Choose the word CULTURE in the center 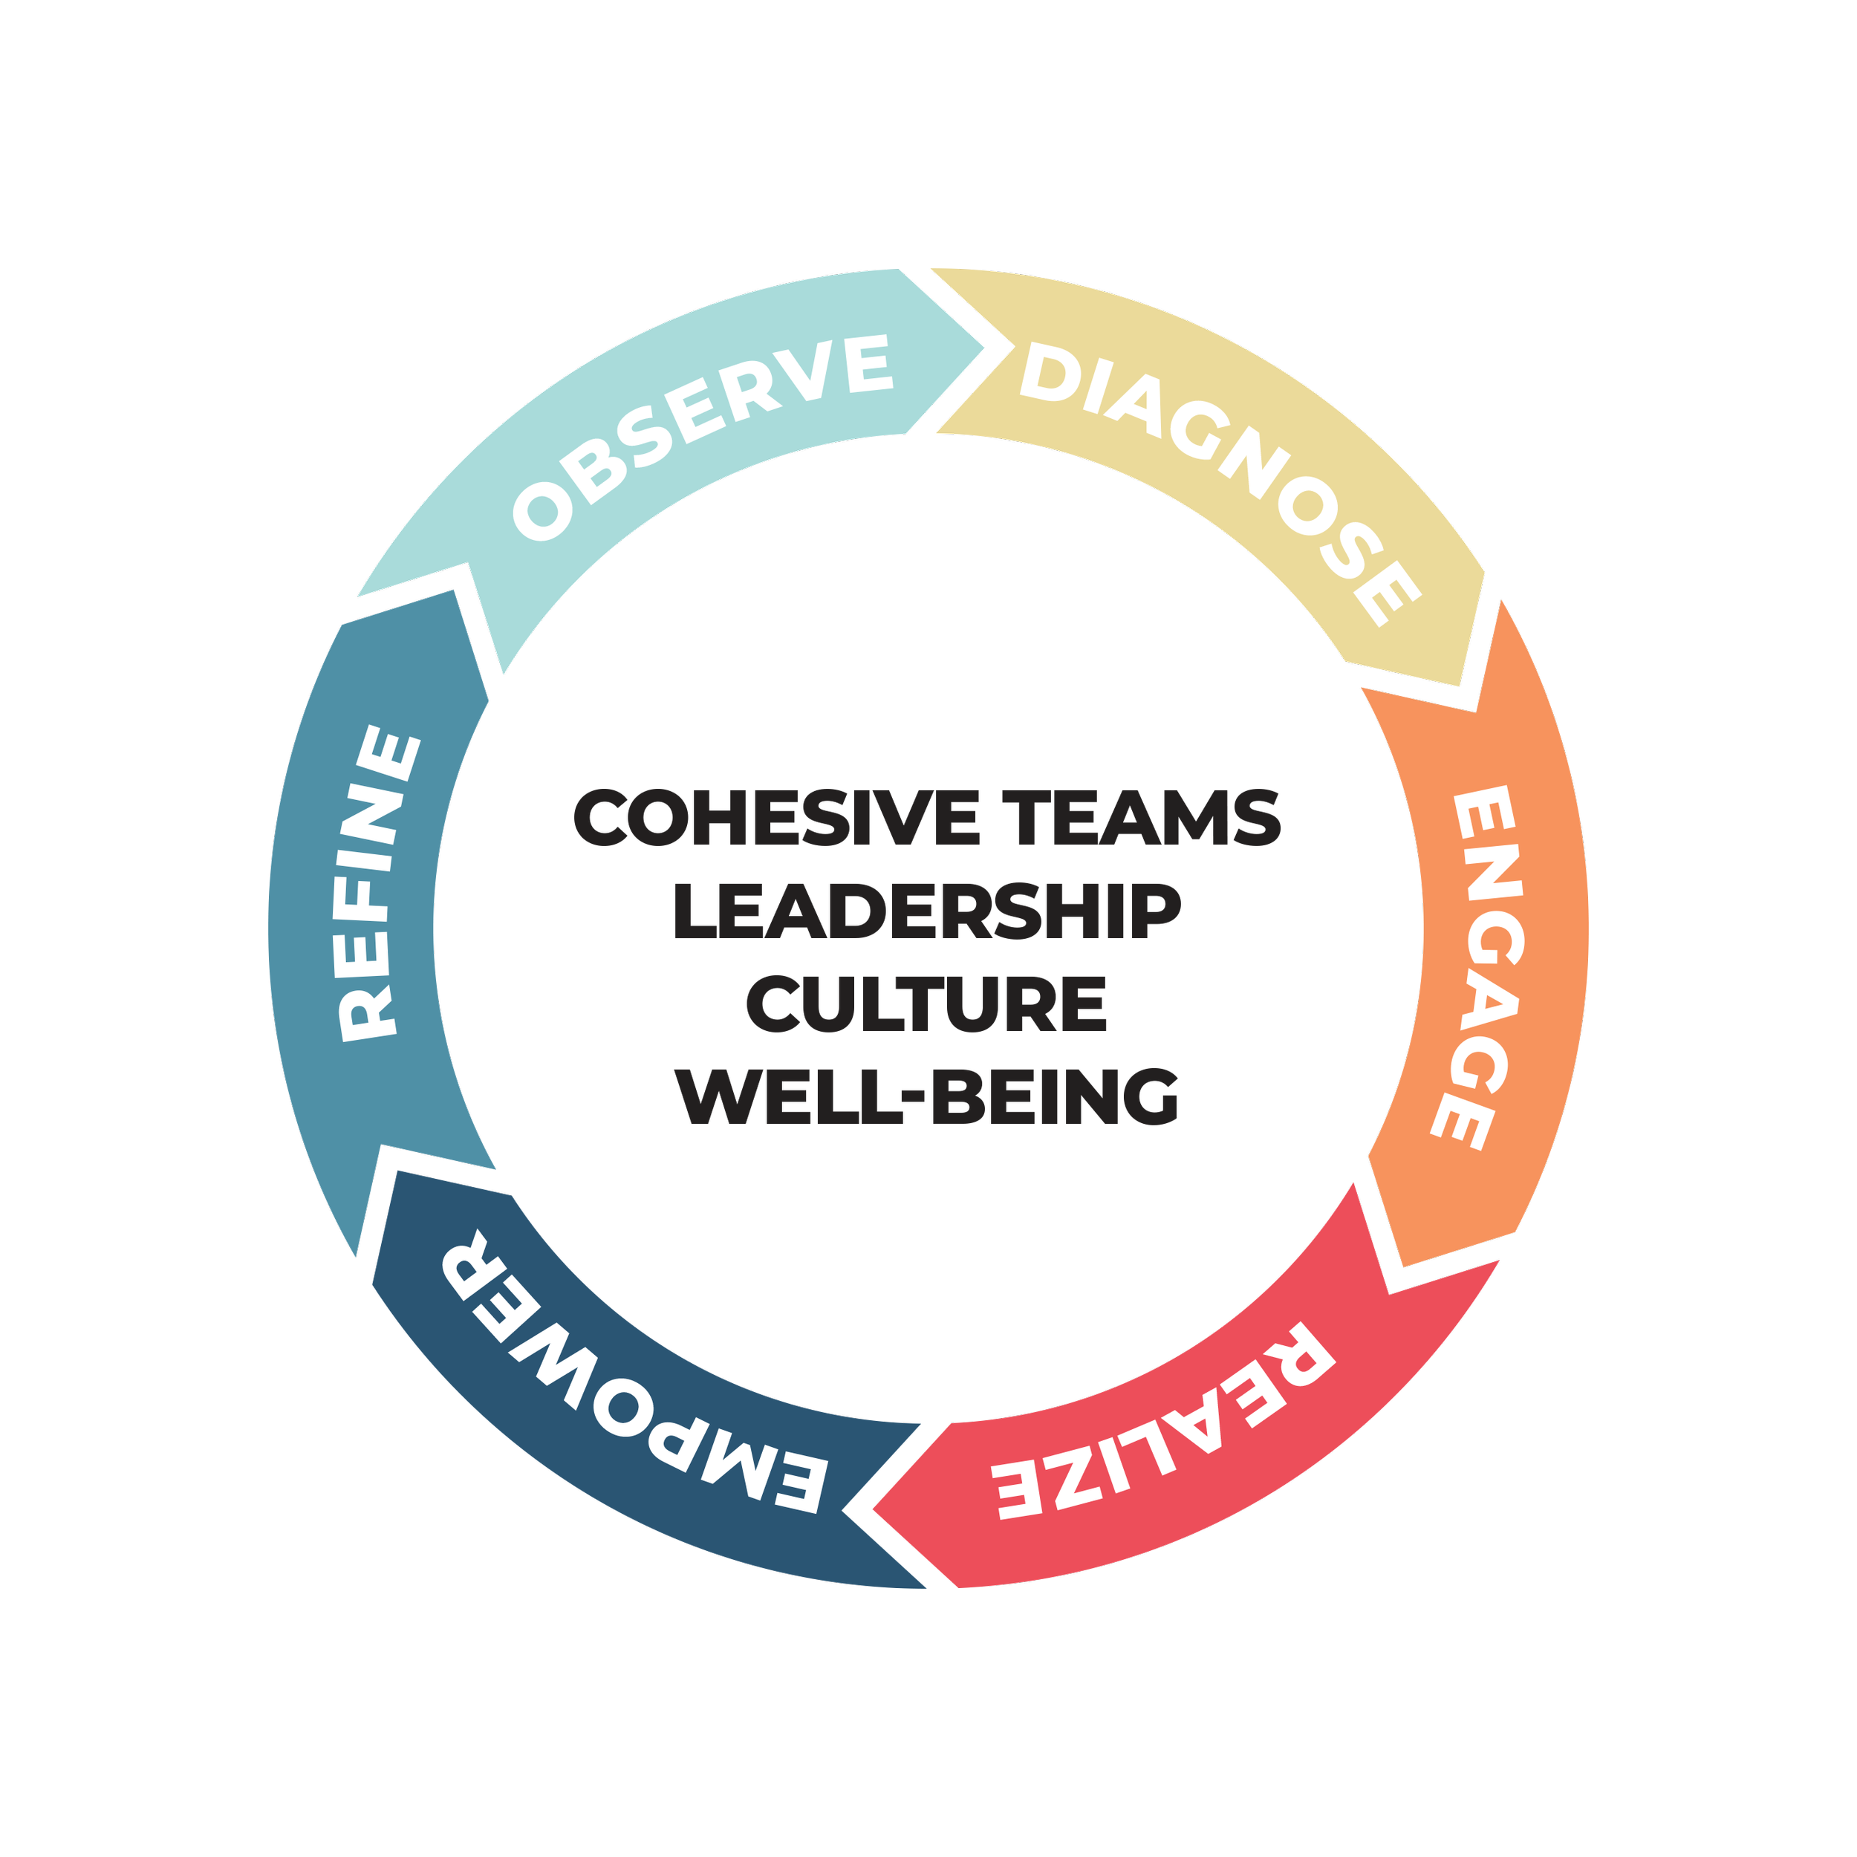pyautogui.click(x=925, y=1006)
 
